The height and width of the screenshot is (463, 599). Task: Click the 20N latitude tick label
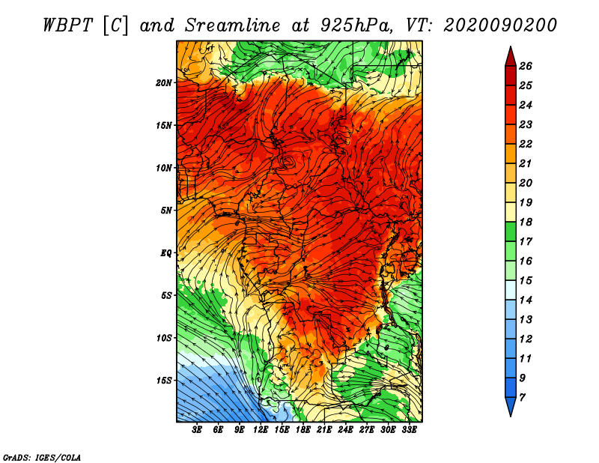(164, 83)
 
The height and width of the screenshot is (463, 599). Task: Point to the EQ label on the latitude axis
(165, 253)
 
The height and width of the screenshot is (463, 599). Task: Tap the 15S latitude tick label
(164, 381)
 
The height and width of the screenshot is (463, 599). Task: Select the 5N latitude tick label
(166, 211)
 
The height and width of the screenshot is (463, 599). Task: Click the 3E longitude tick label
(197, 430)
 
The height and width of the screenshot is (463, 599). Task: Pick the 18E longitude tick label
(303, 430)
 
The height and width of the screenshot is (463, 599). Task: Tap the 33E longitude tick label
(409, 430)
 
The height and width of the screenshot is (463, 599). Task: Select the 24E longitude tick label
(345, 430)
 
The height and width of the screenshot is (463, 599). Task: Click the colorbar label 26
(526, 66)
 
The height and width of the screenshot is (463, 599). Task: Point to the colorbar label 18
(526, 222)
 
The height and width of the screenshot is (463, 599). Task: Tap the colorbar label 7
(522, 398)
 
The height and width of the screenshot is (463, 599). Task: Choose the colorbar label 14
(526, 300)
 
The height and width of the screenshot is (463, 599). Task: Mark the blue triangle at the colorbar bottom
(511, 405)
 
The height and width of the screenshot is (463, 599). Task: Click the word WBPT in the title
(68, 25)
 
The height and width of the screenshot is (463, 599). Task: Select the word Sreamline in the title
(233, 25)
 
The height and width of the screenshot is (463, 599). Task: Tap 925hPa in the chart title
(356, 25)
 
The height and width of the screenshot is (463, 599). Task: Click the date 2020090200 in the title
(500, 25)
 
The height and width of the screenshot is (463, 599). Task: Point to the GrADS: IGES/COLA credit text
(42, 458)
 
